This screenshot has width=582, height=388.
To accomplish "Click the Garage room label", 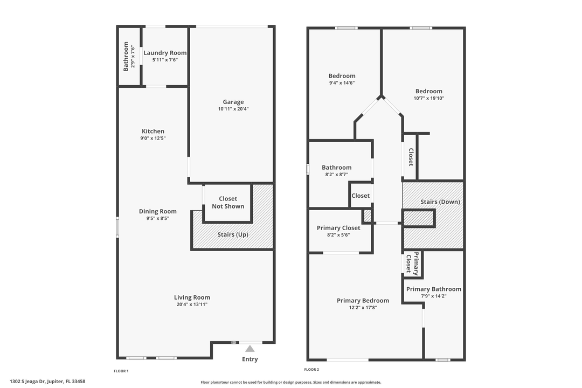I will (x=233, y=102).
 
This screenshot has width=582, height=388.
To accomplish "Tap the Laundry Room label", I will (x=165, y=53).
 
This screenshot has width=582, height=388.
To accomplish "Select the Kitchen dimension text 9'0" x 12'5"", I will (x=153, y=138).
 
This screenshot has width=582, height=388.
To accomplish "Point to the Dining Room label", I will (x=157, y=211).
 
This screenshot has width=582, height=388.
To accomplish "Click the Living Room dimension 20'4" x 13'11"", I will (x=192, y=304).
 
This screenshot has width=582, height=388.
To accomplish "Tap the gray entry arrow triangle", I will (x=250, y=349).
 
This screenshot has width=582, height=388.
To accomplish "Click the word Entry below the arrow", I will (x=250, y=359).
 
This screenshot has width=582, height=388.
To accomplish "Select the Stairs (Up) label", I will (x=233, y=234).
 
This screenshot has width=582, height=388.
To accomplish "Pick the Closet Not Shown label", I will (x=228, y=203).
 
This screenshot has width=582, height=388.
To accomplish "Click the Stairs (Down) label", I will (x=440, y=202).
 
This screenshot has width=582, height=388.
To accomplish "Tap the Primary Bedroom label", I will (x=363, y=301).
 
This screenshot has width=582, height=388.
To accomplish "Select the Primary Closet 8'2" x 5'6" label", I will (x=338, y=228).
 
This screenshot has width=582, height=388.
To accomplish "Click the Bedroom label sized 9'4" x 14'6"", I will (x=342, y=76).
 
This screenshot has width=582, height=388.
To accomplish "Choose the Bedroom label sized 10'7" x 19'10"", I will (x=428, y=91).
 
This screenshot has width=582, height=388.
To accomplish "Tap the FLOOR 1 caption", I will (x=121, y=371).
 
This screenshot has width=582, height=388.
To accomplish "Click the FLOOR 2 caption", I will (x=311, y=370).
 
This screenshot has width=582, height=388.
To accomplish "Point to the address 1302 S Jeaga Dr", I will (x=47, y=382).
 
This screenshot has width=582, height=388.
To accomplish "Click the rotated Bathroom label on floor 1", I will (x=126, y=57).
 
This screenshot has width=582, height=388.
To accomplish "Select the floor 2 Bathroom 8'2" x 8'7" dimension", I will (x=336, y=175).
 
